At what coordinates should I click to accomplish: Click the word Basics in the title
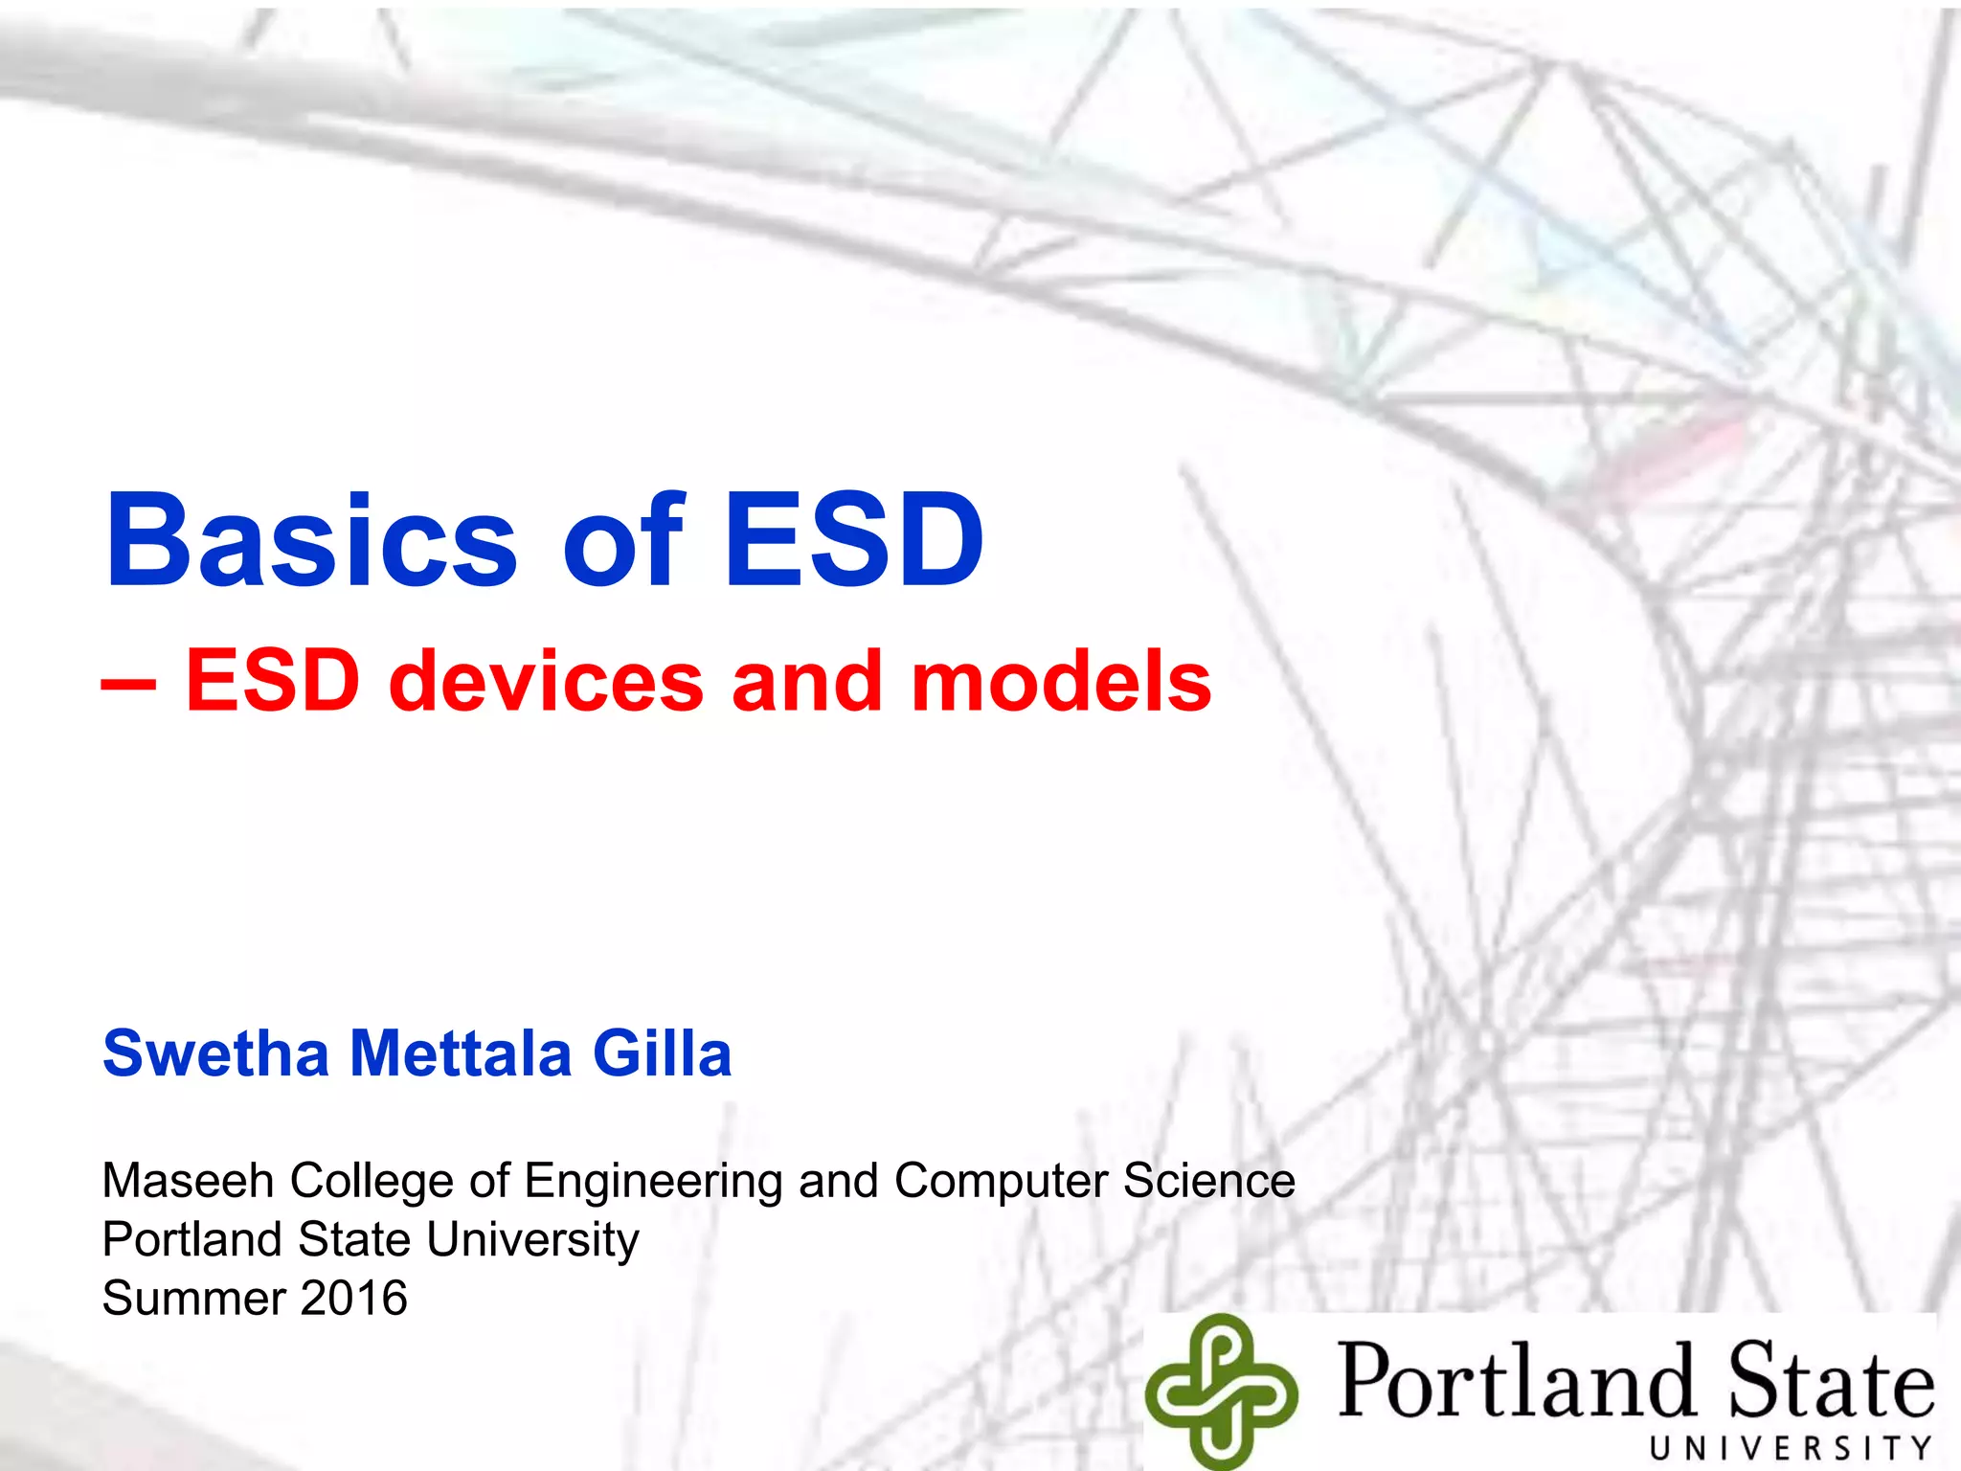[311, 541]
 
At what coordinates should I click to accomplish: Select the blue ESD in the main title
[853, 541]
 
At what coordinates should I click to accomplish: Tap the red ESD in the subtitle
[273, 681]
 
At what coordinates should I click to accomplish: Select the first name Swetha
[215, 1053]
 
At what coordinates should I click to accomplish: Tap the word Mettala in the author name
[461, 1053]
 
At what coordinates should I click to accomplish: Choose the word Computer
[1001, 1182]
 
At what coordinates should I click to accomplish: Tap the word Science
[1209, 1180]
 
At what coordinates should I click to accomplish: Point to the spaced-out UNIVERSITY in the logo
[1791, 1447]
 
